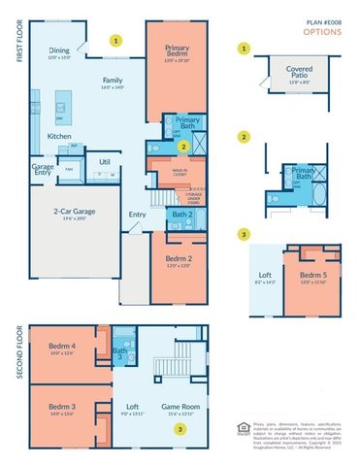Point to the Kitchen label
(x=60, y=136)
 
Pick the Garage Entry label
(x=42, y=169)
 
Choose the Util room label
(x=105, y=162)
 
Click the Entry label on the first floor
(x=137, y=215)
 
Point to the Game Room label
(x=178, y=408)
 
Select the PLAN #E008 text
(x=326, y=19)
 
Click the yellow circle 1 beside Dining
(x=116, y=42)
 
